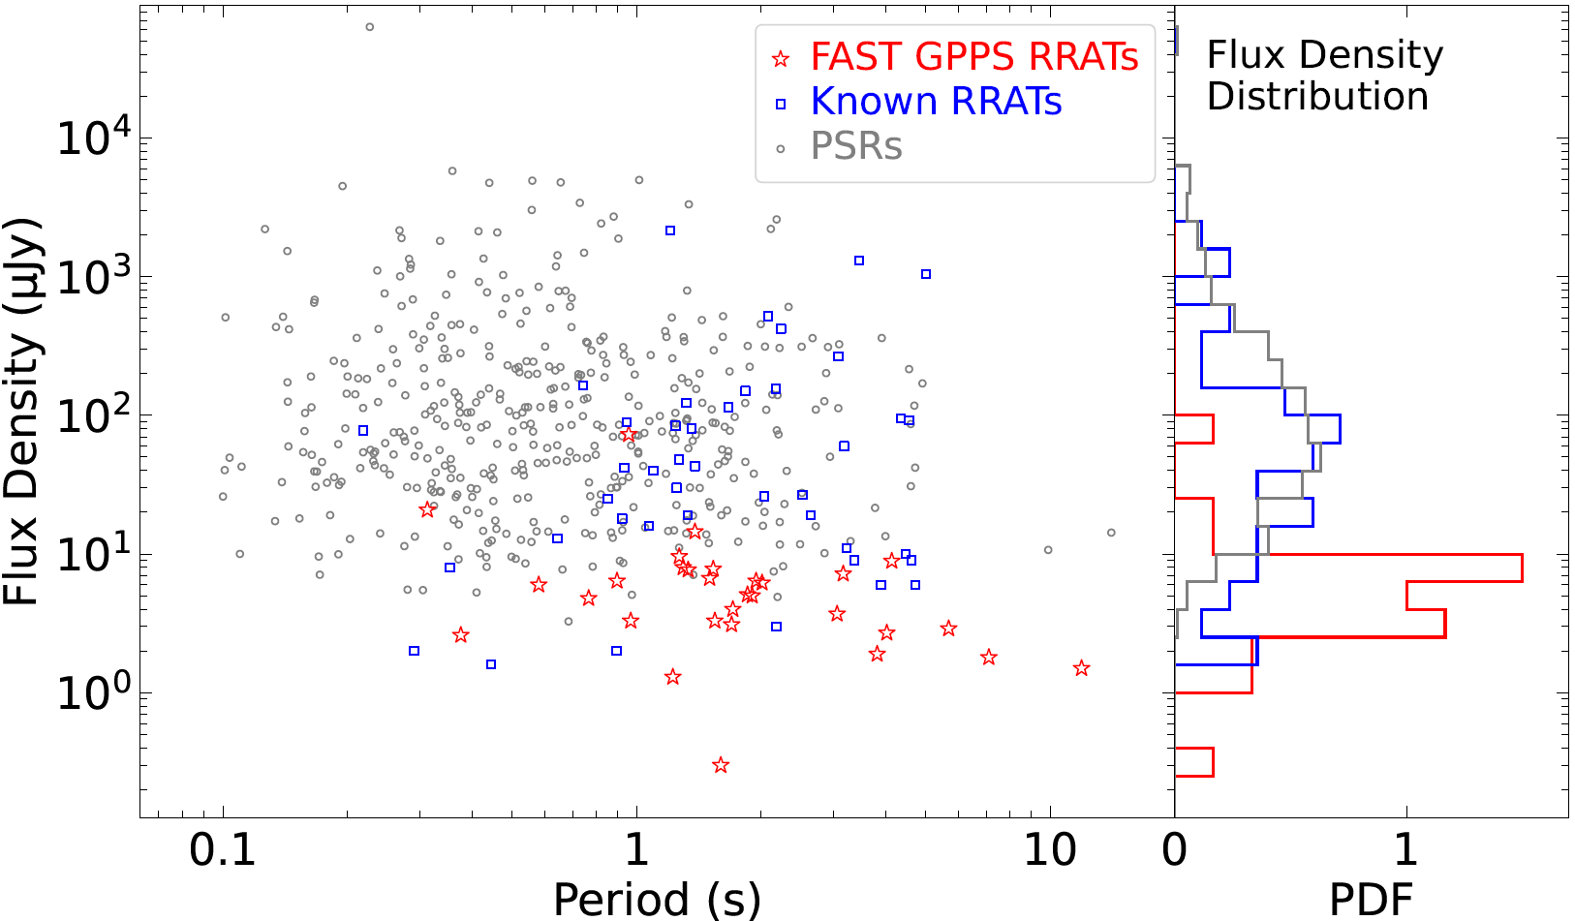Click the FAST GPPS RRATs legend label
(x=973, y=57)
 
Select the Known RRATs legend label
(x=936, y=102)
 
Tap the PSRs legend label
(x=856, y=146)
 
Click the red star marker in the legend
(x=781, y=59)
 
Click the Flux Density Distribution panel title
(x=1323, y=76)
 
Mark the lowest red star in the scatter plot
(x=720, y=765)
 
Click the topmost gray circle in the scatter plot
(x=369, y=27)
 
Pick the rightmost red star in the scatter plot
(x=1082, y=668)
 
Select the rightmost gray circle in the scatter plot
(x=1111, y=533)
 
